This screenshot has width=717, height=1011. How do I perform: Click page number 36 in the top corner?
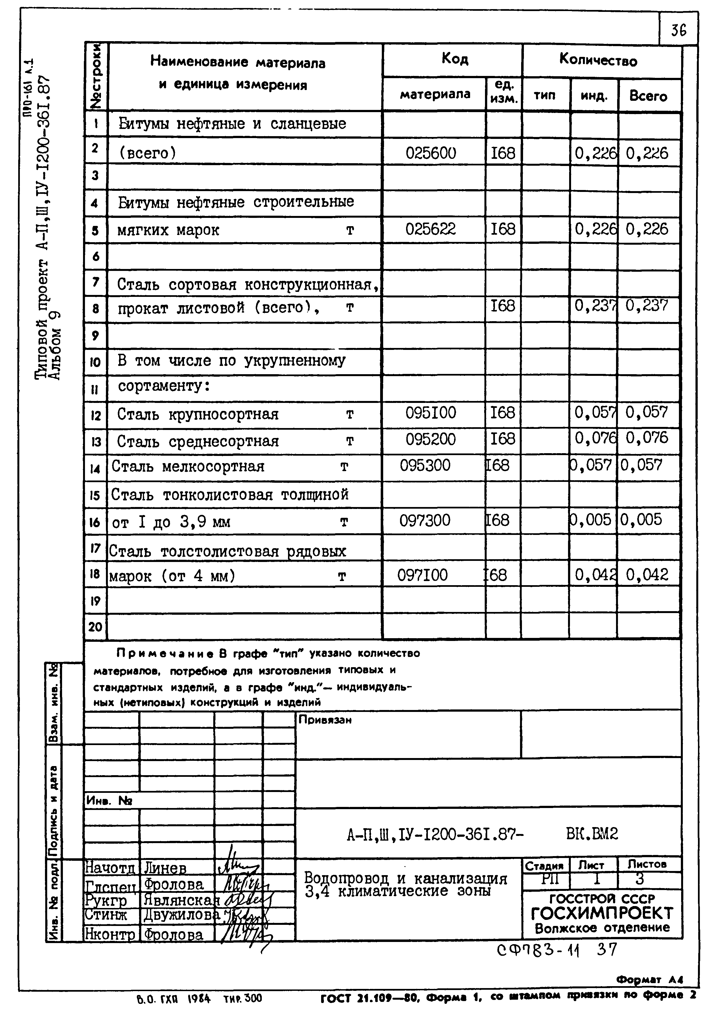pos(679,30)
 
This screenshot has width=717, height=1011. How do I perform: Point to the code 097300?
pos(425,520)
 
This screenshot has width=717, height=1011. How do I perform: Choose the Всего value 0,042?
pos(647,574)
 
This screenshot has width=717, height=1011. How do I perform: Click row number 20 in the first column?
pos(95,627)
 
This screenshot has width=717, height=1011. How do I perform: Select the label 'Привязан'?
pos(325,720)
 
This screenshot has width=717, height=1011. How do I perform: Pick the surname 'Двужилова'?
pos(181,915)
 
